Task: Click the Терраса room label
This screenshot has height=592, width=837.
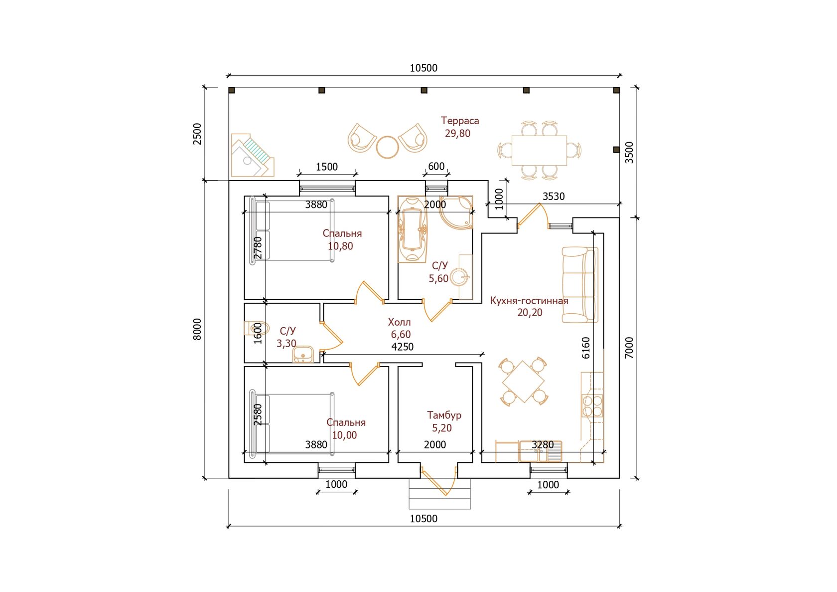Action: [x=459, y=121]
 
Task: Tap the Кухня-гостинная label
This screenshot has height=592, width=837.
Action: [x=529, y=301]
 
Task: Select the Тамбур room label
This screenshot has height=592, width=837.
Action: [x=444, y=415]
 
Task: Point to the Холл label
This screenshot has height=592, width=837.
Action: [x=399, y=322]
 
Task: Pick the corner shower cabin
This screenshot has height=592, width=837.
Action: [x=456, y=212]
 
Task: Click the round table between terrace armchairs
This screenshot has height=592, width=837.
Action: [x=388, y=147]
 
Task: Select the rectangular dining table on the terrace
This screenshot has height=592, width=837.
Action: [x=539, y=150]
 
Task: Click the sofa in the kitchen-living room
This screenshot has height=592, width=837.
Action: [x=580, y=285]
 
